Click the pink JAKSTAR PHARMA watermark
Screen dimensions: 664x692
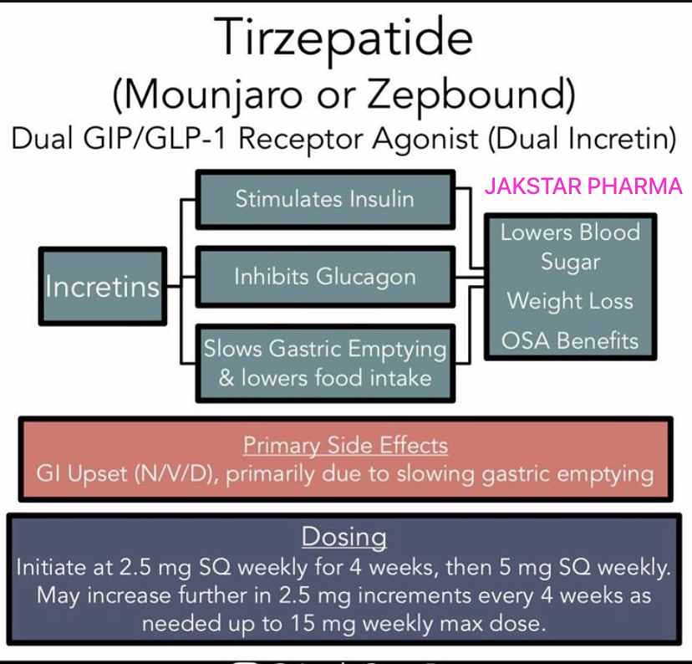coord(584,186)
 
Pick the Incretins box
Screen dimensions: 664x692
coord(103,287)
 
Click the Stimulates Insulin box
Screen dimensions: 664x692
coord(324,199)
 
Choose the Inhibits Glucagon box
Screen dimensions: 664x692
coord(324,277)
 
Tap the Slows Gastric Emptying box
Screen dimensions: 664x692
coord(324,362)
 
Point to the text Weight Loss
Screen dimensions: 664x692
coord(570,301)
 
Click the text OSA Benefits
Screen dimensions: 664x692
coord(570,340)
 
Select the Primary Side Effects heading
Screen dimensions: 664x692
coord(345,445)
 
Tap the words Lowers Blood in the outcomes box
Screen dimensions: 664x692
coord(570,232)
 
